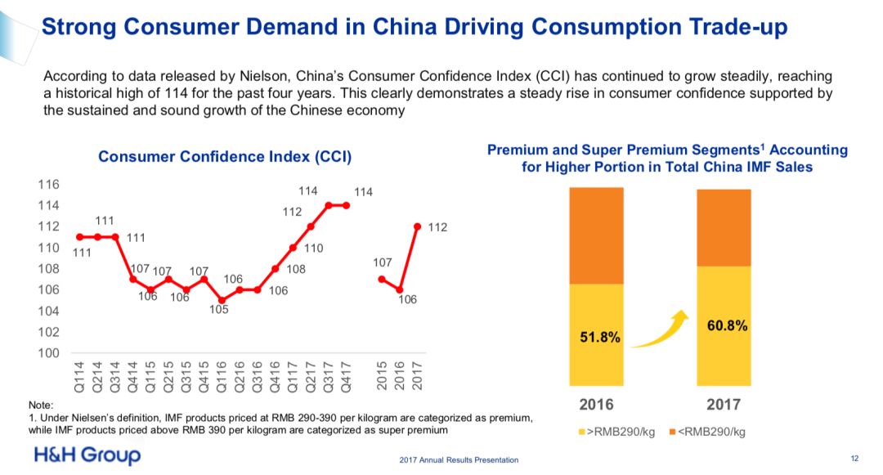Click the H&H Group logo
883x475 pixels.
coord(87,455)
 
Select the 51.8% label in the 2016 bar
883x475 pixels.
coord(600,337)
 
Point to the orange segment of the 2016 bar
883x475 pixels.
coord(596,235)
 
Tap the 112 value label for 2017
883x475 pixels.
coord(437,227)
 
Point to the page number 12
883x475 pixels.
coord(855,458)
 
